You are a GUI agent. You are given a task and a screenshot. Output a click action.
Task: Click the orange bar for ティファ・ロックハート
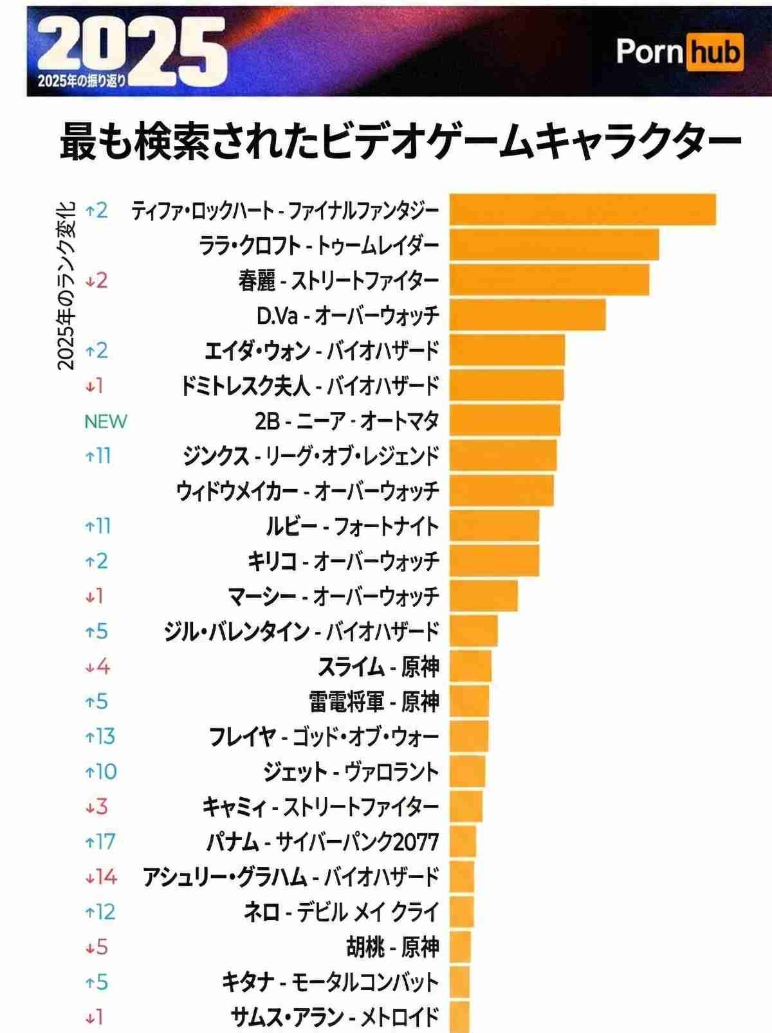(582, 210)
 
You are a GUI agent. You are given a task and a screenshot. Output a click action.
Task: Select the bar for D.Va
(528, 315)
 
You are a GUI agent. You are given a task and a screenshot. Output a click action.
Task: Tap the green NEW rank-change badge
(106, 421)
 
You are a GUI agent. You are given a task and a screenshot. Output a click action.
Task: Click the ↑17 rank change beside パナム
(100, 841)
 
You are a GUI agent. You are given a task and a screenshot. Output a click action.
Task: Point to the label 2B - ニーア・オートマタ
(347, 421)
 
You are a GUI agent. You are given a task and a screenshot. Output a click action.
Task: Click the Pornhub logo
(679, 52)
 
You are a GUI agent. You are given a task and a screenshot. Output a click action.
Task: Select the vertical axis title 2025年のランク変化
(66, 286)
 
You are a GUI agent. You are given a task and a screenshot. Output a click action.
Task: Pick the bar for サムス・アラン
(460, 1017)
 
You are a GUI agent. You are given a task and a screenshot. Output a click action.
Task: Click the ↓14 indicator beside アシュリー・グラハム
(101, 877)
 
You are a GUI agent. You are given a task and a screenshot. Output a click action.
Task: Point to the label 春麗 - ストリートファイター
(338, 281)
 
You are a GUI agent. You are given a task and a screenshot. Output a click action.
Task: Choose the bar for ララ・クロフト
(554, 245)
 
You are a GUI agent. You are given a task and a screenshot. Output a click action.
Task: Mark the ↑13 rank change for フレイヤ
(100, 736)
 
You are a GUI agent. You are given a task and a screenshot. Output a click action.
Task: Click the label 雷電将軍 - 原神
(374, 701)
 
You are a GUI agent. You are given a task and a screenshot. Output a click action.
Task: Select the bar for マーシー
(484, 596)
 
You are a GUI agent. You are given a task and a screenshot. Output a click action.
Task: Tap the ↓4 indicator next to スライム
(97, 666)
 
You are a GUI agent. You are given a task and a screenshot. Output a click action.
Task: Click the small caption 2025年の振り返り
(82, 82)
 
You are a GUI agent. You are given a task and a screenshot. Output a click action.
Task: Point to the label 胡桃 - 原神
(392, 947)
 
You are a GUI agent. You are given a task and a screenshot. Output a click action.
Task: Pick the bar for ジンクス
(503, 456)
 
